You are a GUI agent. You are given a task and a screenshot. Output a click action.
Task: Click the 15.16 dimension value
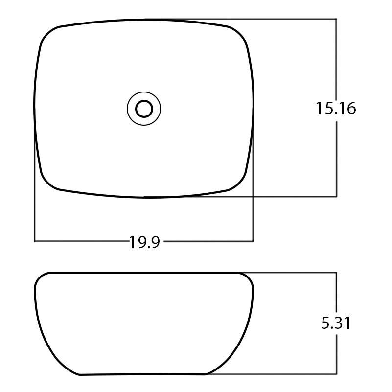click(x=336, y=108)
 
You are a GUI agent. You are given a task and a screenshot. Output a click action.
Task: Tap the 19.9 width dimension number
click(x=144, y=242)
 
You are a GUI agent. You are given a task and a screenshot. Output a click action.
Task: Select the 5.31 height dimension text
click(x=336, y=323)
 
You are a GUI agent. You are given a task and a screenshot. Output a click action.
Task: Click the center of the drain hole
click(x=144, y=109)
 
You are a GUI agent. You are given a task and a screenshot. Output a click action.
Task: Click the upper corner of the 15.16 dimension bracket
click(x=336, y=19)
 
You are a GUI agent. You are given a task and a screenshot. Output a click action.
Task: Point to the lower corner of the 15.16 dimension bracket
click(x=336, y=196)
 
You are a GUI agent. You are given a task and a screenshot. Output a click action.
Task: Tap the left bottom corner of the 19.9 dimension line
click(x=35, y=241)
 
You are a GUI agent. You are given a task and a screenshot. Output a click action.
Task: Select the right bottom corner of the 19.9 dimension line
click(x=253, y=241)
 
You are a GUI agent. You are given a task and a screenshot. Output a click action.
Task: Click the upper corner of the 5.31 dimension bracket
click(x=336, y=273)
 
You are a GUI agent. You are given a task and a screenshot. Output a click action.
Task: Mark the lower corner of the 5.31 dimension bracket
click(x=336, y=374)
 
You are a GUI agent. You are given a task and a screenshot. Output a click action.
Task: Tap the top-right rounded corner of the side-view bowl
click(x=249, y=278)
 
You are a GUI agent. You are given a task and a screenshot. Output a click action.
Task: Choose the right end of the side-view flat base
click(x=208, y=374)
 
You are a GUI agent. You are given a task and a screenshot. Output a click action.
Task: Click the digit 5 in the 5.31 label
click(x=325, y=323)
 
